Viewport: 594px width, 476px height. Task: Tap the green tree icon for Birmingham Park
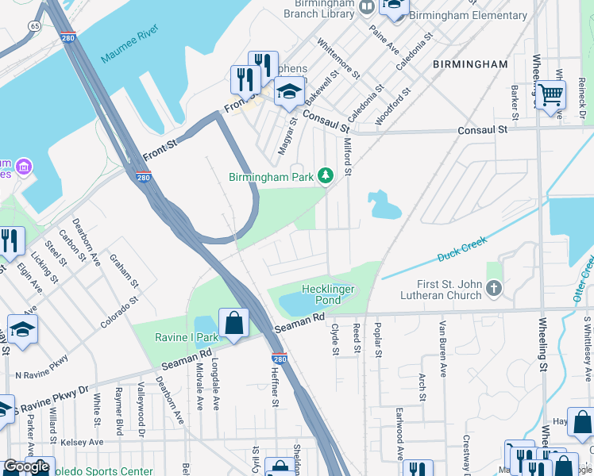click(x=325, y=175)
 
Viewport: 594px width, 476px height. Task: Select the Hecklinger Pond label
click(x=327, y=295)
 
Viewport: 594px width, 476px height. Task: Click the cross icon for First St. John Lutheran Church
click(x=494, y=287)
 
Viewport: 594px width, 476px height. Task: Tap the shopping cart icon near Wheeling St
click(x=550, y=96)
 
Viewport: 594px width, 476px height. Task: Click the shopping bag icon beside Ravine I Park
click(x=234, y=323)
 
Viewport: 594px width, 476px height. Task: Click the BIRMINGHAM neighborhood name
click(x=469, y=63)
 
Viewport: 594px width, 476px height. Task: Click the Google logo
click(x=25, y=466)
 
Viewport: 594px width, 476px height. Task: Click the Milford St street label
click(x=347, y=151)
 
